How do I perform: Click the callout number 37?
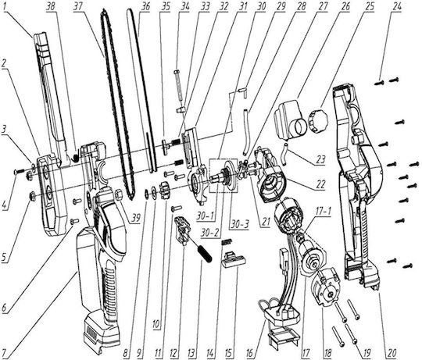[x=78, y=6]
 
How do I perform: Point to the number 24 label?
[x=395, y=6]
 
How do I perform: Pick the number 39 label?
[x=135, y=218]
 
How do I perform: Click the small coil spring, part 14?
[x=227, y=243]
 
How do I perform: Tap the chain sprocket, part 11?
[x=165, y=191]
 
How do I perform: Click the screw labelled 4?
[x=19, y=171]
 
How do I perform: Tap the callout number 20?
[x=392, y=353]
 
